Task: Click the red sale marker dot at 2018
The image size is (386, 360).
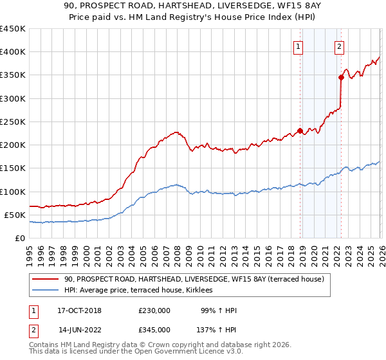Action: pos(300,131)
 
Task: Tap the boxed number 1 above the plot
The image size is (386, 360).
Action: pos(299,46)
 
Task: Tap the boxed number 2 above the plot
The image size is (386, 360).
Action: pos(339,46)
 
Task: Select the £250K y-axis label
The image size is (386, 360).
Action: pos(13,122)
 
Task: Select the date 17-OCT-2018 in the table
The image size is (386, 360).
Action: pos(75,310)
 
